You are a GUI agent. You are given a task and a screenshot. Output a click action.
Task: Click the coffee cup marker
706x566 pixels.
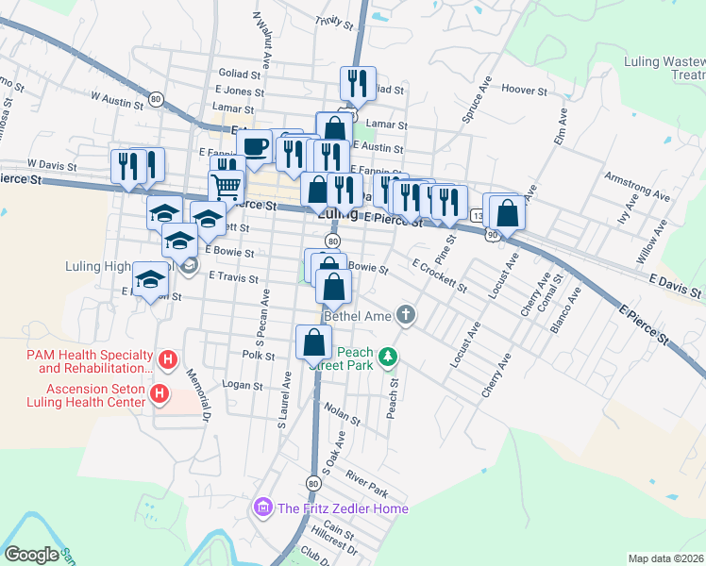pyautogui.click(x=253, y=146)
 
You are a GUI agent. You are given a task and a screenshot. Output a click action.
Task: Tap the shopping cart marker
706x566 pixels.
pyautogui.click(x=227, y=187)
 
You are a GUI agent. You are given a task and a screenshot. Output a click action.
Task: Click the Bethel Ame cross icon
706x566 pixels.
pyautogui.click(x=406, y=314)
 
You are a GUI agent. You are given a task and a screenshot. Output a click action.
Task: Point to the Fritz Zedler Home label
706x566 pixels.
pyautogui.click(x=343, y=508)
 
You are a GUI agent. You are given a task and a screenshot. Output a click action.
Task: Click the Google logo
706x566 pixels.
pyautogui.click(x=31, y=555)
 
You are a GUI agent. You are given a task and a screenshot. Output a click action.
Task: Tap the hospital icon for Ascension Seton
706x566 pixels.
pyautogui.click(x=160, y=394)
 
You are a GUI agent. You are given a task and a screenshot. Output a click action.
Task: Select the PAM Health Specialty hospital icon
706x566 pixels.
pyautogui.click(x=168, y=359)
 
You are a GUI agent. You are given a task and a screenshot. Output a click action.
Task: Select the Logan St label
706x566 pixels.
pyautogui.click(x=242, y=385)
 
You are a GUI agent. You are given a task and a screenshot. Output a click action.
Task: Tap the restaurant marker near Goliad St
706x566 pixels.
pyautogui.click(x=358, y=83)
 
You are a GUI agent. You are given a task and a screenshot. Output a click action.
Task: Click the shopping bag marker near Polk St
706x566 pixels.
pyautogui.click(x=313, y=342)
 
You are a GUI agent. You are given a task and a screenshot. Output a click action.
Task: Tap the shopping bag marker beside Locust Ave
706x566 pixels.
pyautogui.click(x=508, y=213)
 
